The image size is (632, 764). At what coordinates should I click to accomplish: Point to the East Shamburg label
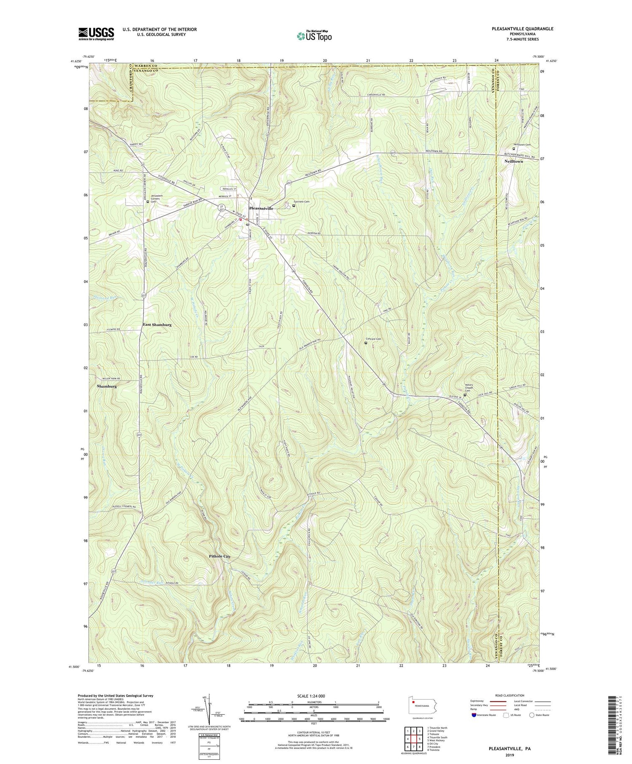coord(157,325)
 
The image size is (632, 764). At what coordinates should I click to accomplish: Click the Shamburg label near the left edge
coord(106,386)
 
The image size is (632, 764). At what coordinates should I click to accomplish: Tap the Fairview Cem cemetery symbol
coord(294,206)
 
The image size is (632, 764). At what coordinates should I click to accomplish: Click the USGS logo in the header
coord(96,34)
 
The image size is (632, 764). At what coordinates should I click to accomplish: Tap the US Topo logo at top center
coord(313,36)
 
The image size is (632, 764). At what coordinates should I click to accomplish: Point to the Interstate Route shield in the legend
coord(474,715)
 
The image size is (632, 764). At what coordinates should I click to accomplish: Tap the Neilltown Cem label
coord(522,144)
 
